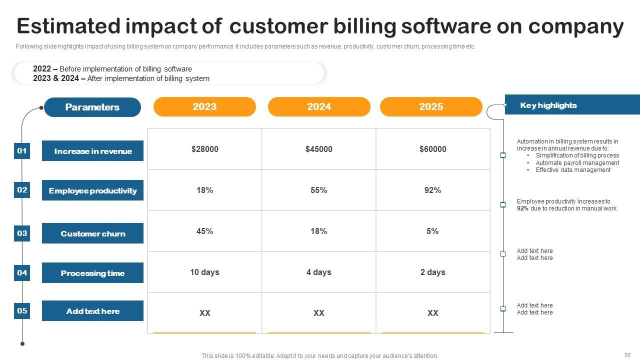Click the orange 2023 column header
click(x=204, y=106)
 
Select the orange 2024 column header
click(x=319, y=106)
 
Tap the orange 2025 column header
click(x=431, y=106)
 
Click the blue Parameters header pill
click(x=92, y=107)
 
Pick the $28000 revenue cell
click(x=205, y=149)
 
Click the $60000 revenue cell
click(x=433, y=149)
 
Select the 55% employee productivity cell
click(x=319, y=190)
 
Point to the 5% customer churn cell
click(x=433, y=231)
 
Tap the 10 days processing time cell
click(x=204, y=272)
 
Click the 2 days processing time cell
click(x=433, y=272)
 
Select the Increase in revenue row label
click(x=93, y=151)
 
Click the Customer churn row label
click(x=93, y=233)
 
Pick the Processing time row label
click(x=93, y=273)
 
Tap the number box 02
click(x=22, y=190)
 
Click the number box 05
click(x=22, y=311)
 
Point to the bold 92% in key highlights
click(x=522, y=208)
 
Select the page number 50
click(x=627, y=355)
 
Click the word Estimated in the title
click(x=68, y=26)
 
